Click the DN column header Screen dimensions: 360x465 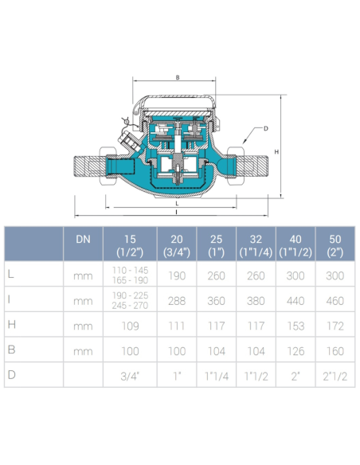coord(83,240)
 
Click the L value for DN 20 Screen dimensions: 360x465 coord(177,275)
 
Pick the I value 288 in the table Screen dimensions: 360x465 coord(177,301)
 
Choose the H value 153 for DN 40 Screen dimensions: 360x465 coord(295,326)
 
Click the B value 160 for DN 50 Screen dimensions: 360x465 coord(335,351)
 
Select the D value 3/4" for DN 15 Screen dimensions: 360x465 coord(130,377)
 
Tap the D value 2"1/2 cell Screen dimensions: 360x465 coord(335,377)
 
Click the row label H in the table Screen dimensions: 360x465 coord(12,324)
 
